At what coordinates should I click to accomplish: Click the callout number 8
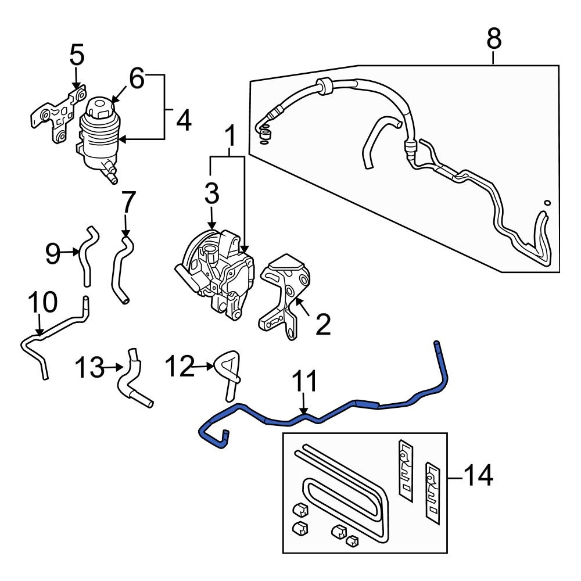493,40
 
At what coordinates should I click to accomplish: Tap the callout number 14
479,476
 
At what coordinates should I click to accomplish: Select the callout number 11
304,383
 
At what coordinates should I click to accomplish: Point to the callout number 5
77,56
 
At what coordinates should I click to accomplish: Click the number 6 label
136,78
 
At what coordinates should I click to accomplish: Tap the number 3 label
211,193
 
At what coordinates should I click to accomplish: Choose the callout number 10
43,303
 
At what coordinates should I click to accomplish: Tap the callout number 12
178,367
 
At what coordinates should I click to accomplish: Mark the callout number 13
89,367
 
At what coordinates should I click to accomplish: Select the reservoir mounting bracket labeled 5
55,116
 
